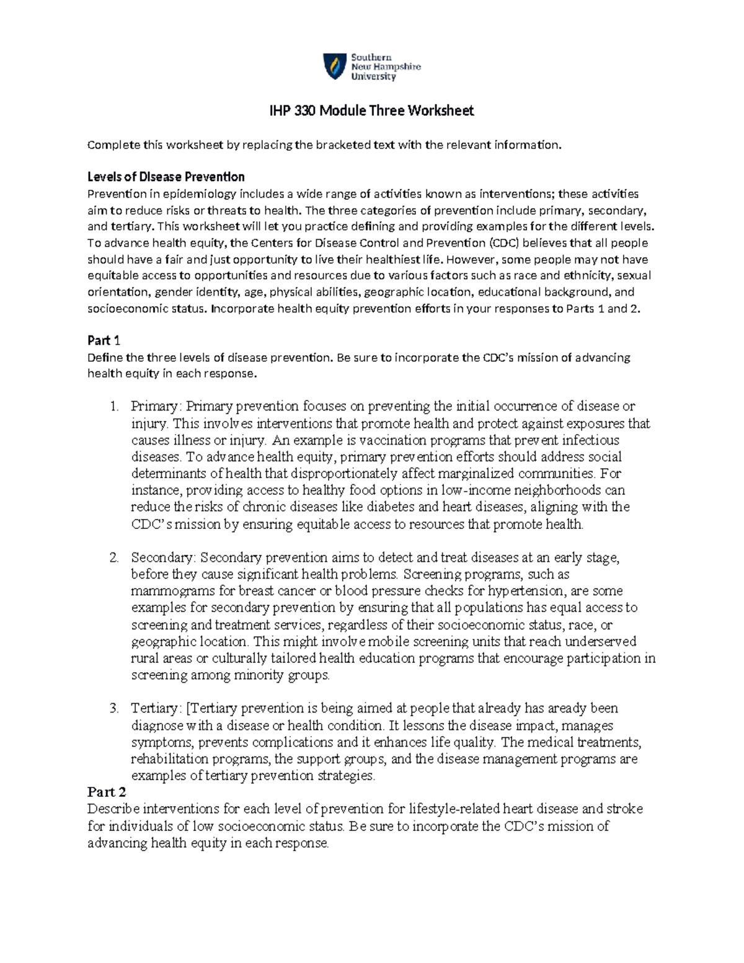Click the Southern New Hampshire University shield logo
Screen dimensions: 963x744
334,66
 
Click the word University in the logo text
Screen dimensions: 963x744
373,77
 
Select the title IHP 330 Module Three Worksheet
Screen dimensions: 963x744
371,111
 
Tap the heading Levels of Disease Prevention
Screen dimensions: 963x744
166,177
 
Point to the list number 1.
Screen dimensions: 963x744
113,407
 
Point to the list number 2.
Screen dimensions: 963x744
113,557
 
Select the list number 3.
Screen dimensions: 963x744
113,708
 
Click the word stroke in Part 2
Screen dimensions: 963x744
624,809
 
